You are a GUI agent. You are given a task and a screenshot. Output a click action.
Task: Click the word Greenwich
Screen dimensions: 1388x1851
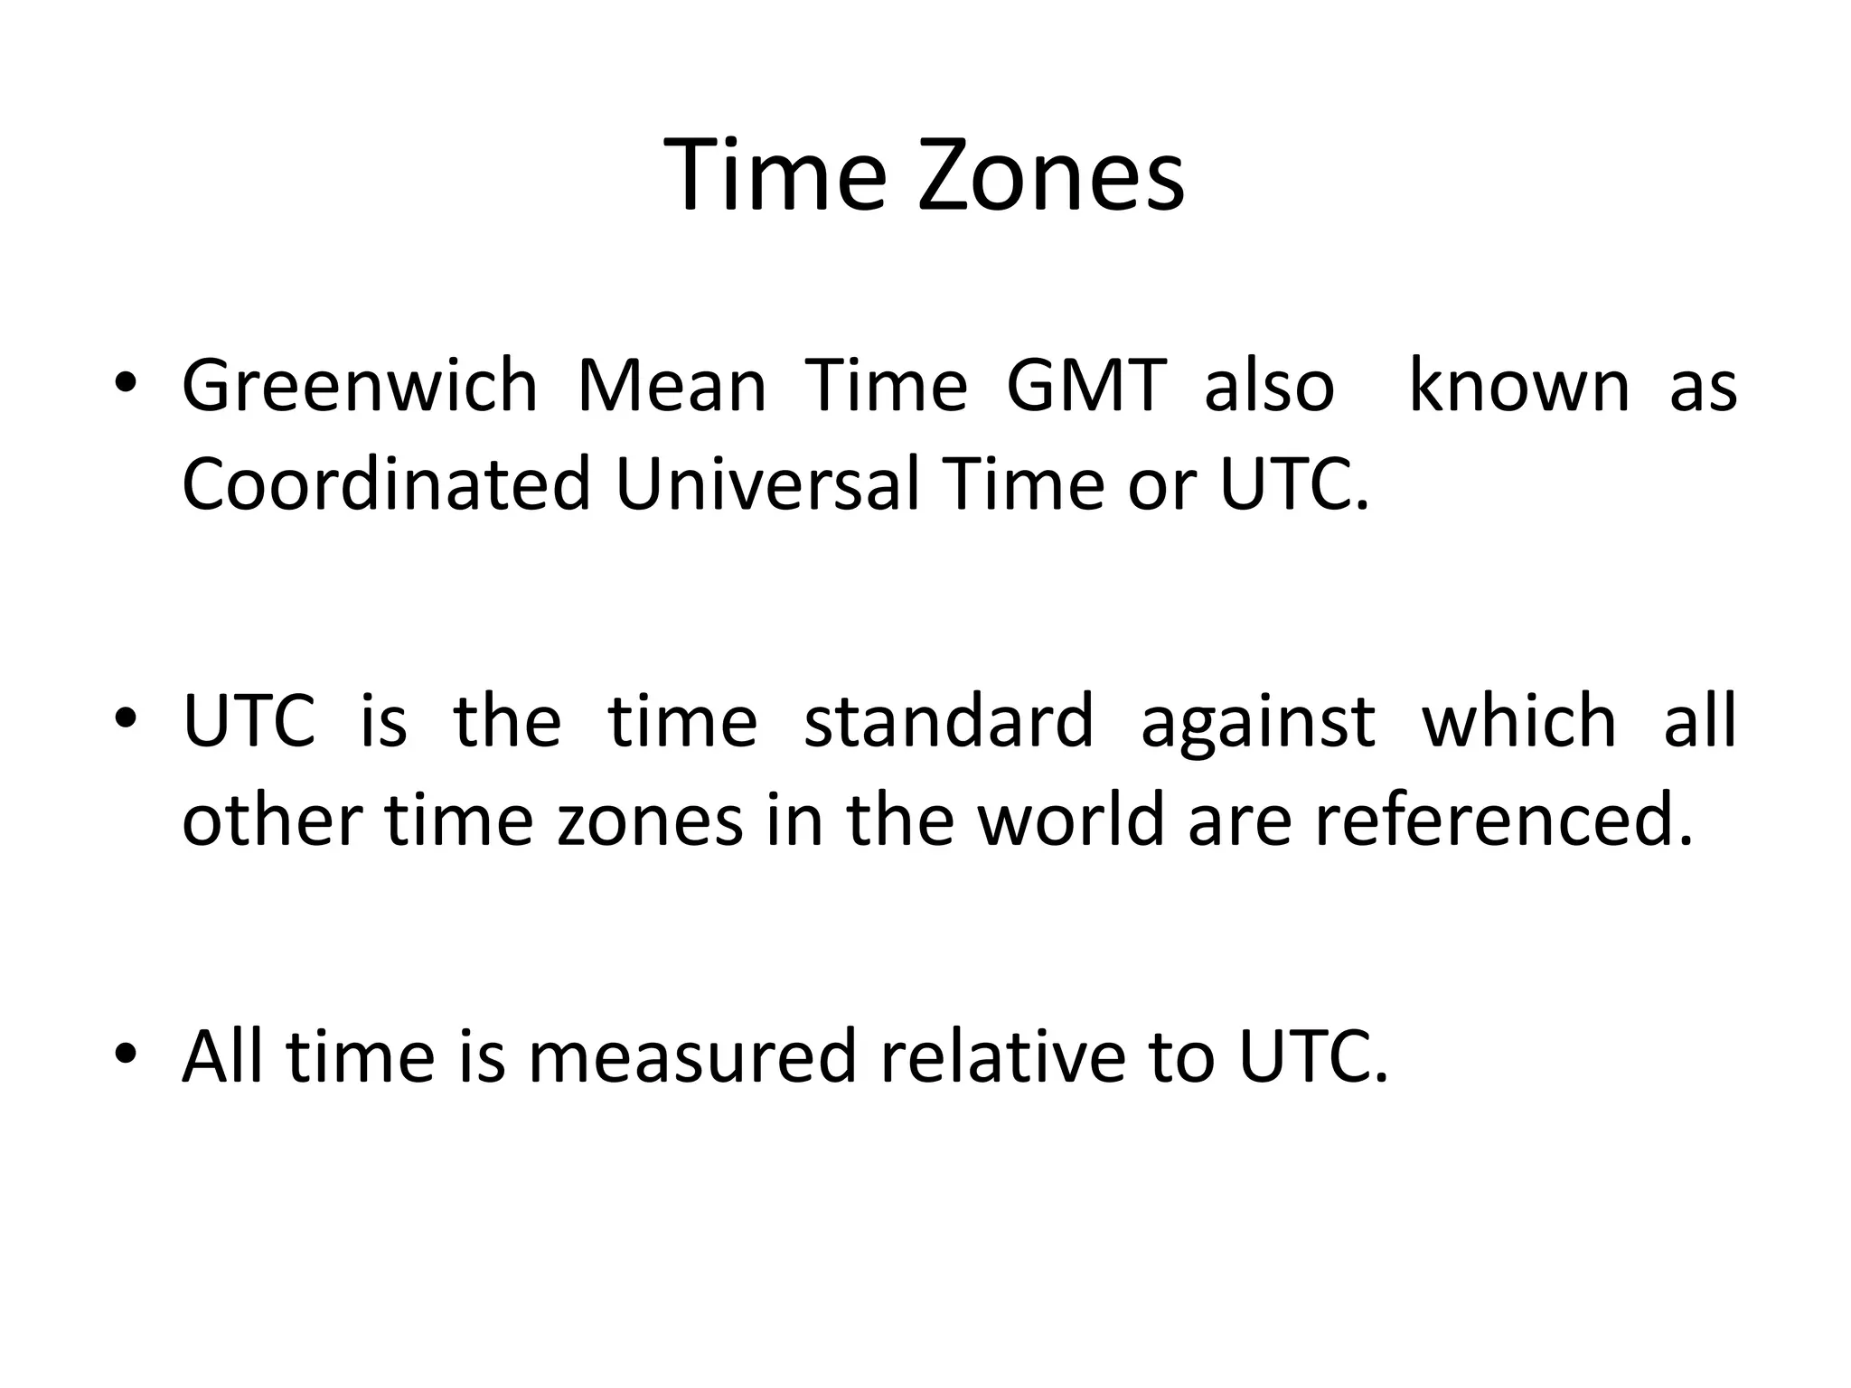coord(360,387)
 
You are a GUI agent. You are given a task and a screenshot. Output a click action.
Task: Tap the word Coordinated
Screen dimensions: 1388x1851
coord(387,484)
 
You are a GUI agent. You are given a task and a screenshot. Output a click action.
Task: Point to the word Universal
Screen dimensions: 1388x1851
coord(766,484)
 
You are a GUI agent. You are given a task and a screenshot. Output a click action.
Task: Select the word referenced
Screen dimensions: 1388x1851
coord(1501,821)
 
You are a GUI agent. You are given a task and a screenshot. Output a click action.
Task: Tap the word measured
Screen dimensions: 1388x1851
coord(691,1056)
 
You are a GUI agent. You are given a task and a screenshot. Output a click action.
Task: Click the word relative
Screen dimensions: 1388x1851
coord(1003,1056)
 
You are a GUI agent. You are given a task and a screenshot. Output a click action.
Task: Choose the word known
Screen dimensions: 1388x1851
coord(1518,387)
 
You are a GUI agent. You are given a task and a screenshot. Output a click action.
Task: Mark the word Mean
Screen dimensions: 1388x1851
coord(672,387)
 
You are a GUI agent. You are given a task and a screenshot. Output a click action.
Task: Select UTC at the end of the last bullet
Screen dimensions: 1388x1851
coord(1312,1056)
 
